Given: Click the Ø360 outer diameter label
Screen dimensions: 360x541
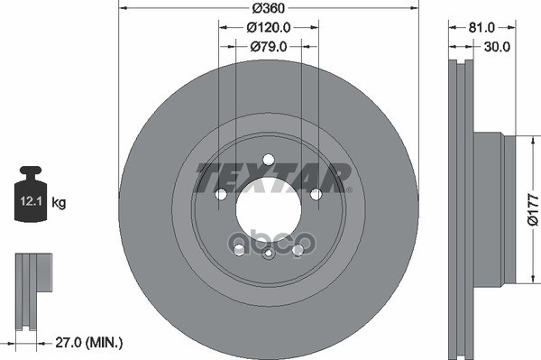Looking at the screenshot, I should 268,8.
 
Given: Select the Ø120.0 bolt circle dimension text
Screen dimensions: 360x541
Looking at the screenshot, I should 268,27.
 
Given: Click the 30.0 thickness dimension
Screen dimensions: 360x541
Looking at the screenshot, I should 499,45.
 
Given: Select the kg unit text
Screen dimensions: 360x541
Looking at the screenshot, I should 60,203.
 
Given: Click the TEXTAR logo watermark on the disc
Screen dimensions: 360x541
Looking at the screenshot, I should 270,177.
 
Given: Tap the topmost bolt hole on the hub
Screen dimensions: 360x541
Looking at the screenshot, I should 268,160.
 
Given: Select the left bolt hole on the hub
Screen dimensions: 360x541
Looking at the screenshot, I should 221,194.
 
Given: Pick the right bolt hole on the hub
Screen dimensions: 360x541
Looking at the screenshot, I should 316,194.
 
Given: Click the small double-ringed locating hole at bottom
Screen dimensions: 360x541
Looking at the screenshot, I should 268,254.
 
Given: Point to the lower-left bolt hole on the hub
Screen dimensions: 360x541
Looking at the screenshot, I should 239,249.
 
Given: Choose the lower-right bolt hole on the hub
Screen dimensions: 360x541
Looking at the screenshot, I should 298,249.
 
